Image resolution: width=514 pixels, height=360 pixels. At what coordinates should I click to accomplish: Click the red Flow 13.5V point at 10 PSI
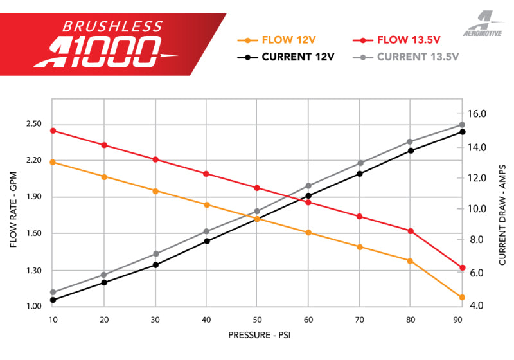53,130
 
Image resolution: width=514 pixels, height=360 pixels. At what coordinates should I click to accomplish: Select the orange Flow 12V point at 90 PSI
462,298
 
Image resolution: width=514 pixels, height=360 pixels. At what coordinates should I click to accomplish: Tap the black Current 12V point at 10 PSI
53,300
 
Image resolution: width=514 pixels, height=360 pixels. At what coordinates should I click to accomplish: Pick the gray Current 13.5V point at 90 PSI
462,125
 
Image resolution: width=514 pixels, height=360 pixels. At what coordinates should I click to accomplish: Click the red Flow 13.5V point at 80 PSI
411,231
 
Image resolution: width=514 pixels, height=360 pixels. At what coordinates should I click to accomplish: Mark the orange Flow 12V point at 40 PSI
206,205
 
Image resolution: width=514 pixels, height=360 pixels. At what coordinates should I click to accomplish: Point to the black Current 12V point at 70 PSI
360,174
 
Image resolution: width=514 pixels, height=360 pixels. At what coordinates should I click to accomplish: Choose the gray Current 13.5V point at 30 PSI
155,254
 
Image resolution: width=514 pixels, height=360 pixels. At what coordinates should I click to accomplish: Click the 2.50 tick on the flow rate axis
33,124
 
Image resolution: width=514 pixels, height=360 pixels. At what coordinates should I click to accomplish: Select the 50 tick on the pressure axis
257,319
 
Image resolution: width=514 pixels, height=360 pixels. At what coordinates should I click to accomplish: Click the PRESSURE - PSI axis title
263,335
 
